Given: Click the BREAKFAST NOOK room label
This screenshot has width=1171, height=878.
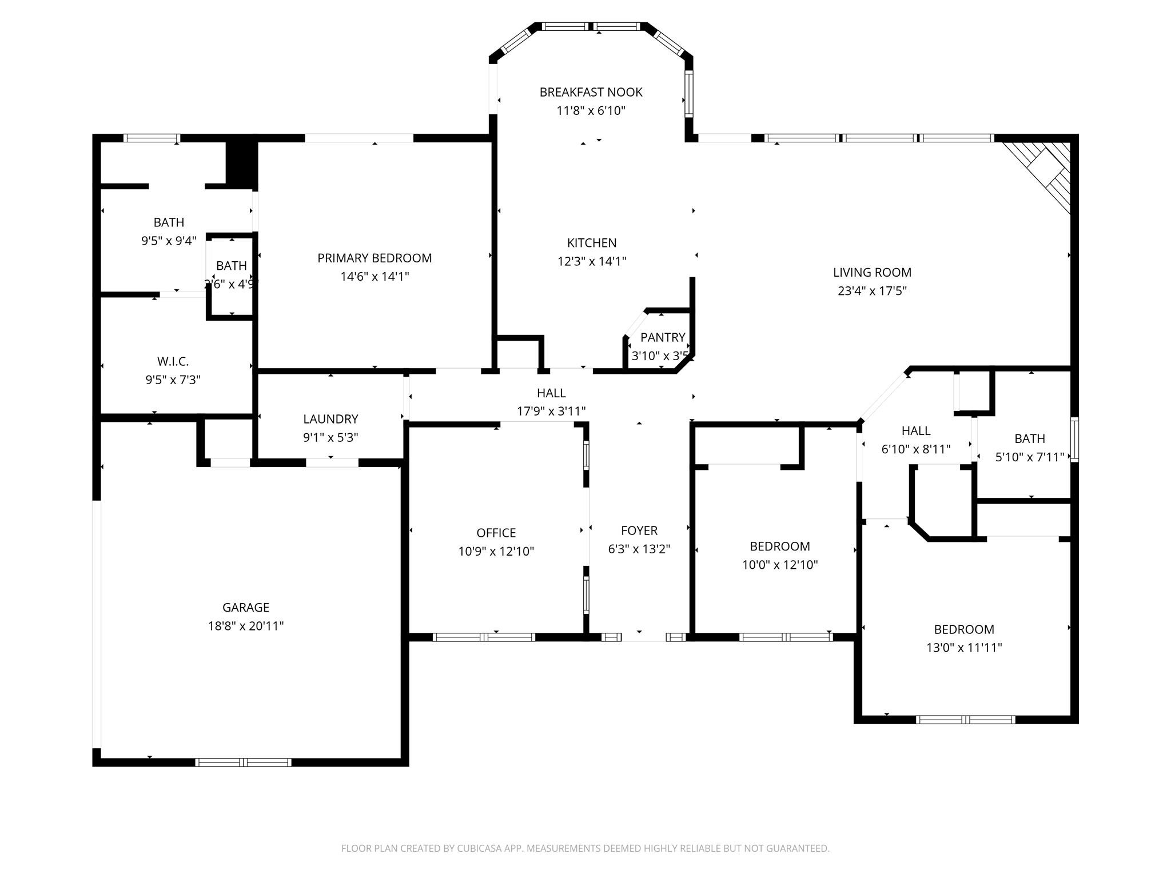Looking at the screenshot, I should tap(591, 92).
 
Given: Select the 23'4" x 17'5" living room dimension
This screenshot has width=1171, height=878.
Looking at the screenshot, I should tap(872, 291).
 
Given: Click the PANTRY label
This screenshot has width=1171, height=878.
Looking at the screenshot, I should tap(662, 337).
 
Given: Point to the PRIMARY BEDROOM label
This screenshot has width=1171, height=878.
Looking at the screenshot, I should tap(375, 258).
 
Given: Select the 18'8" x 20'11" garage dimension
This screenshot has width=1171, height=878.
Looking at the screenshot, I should tap(246, 626).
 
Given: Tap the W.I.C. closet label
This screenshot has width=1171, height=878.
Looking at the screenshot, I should tap(173, 361).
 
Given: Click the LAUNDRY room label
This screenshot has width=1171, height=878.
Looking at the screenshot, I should tap(330, 419).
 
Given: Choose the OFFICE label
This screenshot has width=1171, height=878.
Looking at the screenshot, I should tap(496, 533).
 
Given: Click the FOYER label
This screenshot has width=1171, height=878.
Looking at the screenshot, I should tap(639, 530).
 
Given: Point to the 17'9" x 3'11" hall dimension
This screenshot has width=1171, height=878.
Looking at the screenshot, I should tap(551, 412).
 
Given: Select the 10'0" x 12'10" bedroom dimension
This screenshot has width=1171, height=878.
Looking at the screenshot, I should tap(780, 565).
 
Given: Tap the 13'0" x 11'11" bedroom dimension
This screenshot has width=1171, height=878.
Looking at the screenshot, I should tap(964, 648).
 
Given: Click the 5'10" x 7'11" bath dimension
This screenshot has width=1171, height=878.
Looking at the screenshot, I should tap(1029, 457).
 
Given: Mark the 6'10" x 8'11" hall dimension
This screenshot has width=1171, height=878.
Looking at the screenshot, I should tap(915, 449).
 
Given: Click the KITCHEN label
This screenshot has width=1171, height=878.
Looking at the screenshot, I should tap(592, 243).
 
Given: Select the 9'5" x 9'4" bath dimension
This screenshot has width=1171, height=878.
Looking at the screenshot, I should tap(169, 241).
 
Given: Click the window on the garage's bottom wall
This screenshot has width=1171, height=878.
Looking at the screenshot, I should tap(243, 762).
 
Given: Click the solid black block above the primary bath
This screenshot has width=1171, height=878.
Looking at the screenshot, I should tap(241, 163).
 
